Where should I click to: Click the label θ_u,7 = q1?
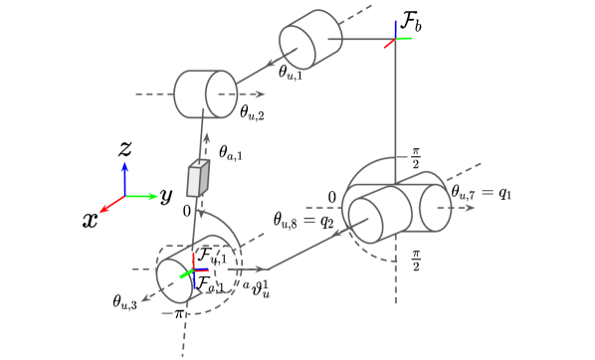pos(482,191)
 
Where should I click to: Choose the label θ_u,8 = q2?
pos(303,220)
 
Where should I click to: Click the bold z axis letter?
pos(125,149)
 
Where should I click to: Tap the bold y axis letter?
pos(166,196)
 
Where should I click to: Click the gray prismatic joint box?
pos(198,179)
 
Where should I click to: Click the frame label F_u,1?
pos(211,258)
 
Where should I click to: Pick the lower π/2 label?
pos(417,261)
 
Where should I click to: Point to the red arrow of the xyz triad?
pos(110,203)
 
